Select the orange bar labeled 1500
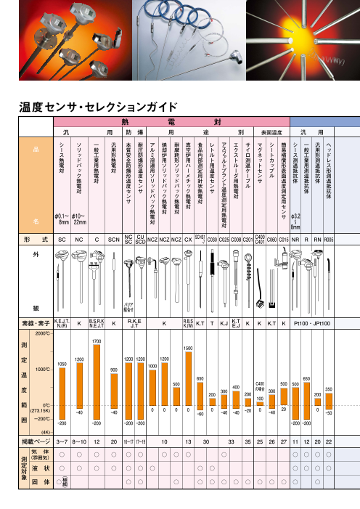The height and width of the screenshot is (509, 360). click(189, 381)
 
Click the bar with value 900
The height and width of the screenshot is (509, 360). click(114, 392)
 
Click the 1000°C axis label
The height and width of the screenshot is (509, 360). click(41, 370)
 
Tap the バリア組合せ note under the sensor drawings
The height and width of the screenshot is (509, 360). click(131, 307)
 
